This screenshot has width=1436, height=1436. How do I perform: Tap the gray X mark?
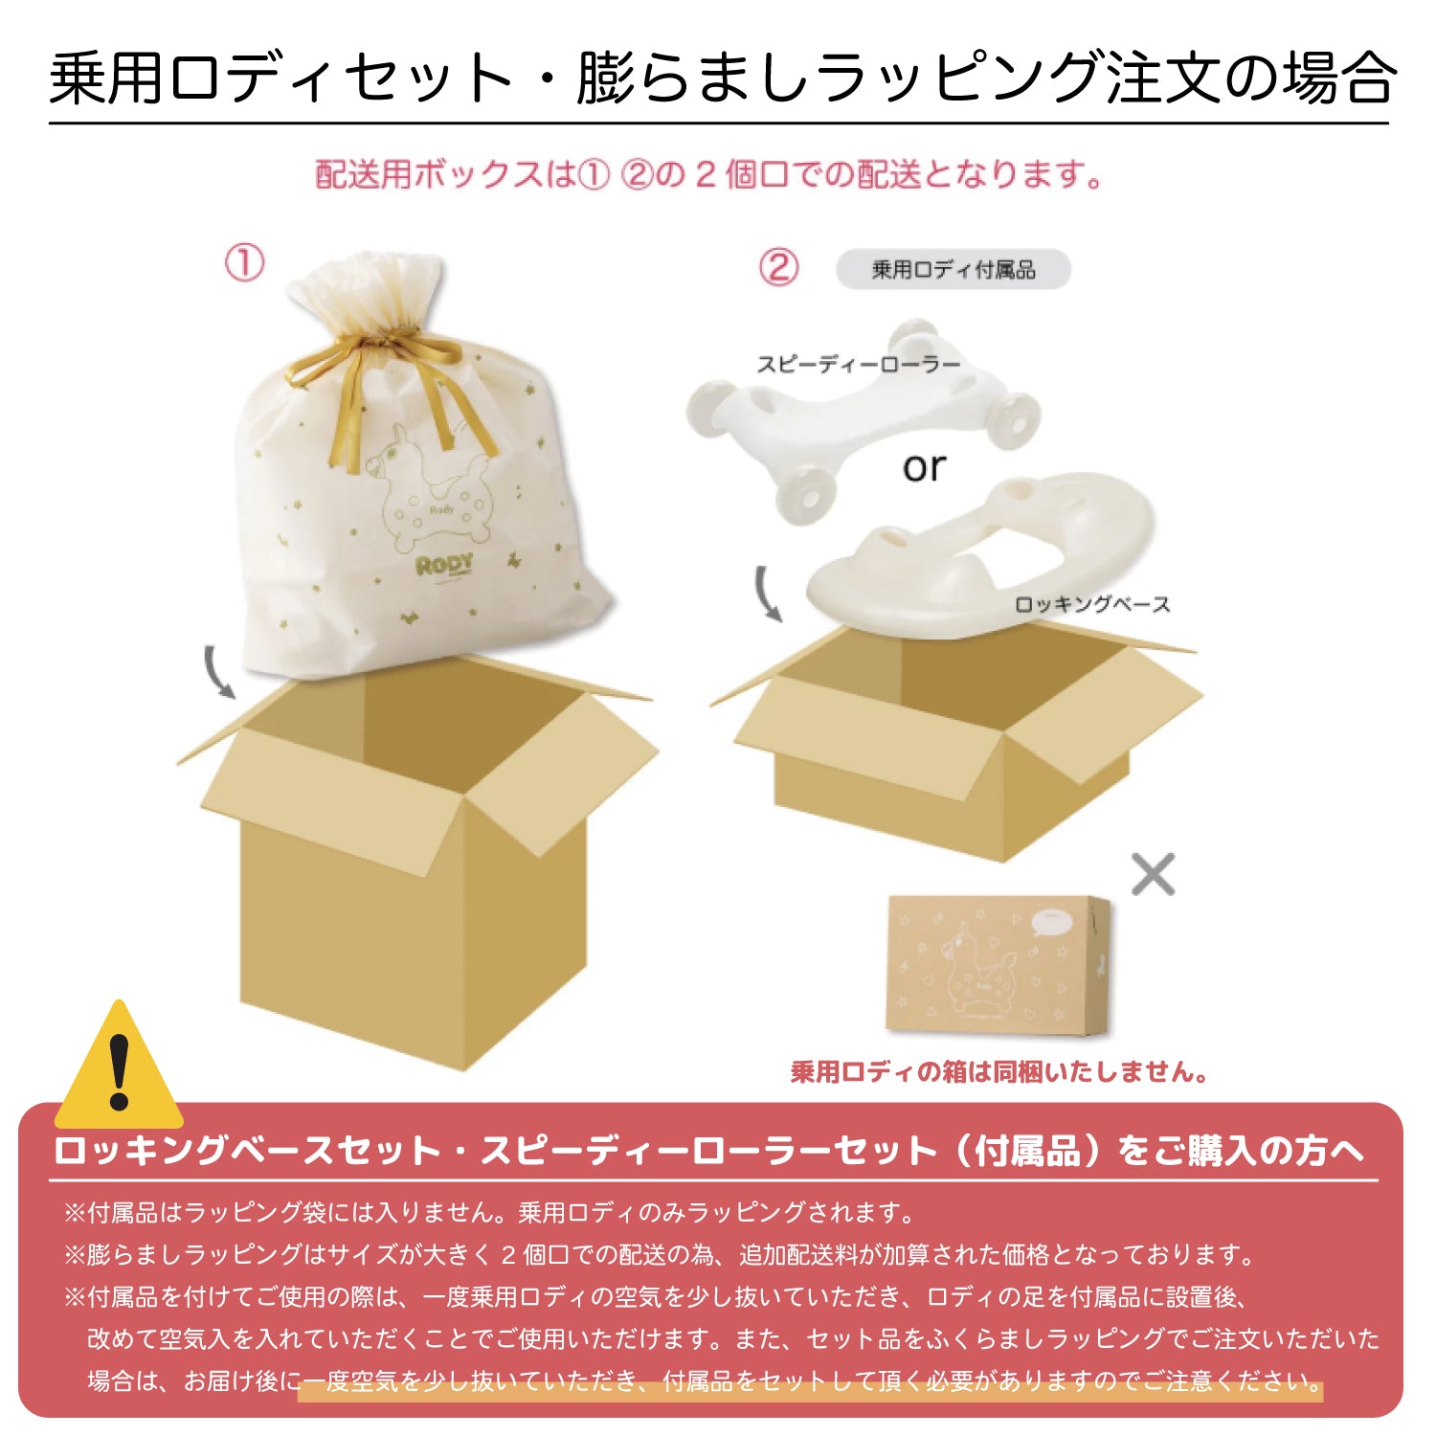[1153, 873]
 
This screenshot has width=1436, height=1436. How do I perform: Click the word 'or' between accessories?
[924, 467]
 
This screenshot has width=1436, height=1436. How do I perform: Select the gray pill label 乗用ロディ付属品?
[953, 270]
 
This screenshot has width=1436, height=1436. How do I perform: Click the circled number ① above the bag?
[244, 262]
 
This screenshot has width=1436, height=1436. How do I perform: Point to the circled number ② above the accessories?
[778, 267]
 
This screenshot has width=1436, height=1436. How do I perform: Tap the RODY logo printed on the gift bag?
[444, 565]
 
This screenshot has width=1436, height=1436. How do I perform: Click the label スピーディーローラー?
[858, 364]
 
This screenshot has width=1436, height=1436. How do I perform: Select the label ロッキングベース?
[1091, 605]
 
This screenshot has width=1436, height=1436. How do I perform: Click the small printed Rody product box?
[996, 965]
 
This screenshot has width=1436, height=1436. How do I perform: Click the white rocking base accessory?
[967, 555]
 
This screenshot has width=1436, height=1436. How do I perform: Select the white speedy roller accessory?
[862, 421]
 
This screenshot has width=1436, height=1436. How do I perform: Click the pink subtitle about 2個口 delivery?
[708, 175]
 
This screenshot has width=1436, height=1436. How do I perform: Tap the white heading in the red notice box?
[708, 1151]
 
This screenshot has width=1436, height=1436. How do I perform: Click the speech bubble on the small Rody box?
[1051, 921]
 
